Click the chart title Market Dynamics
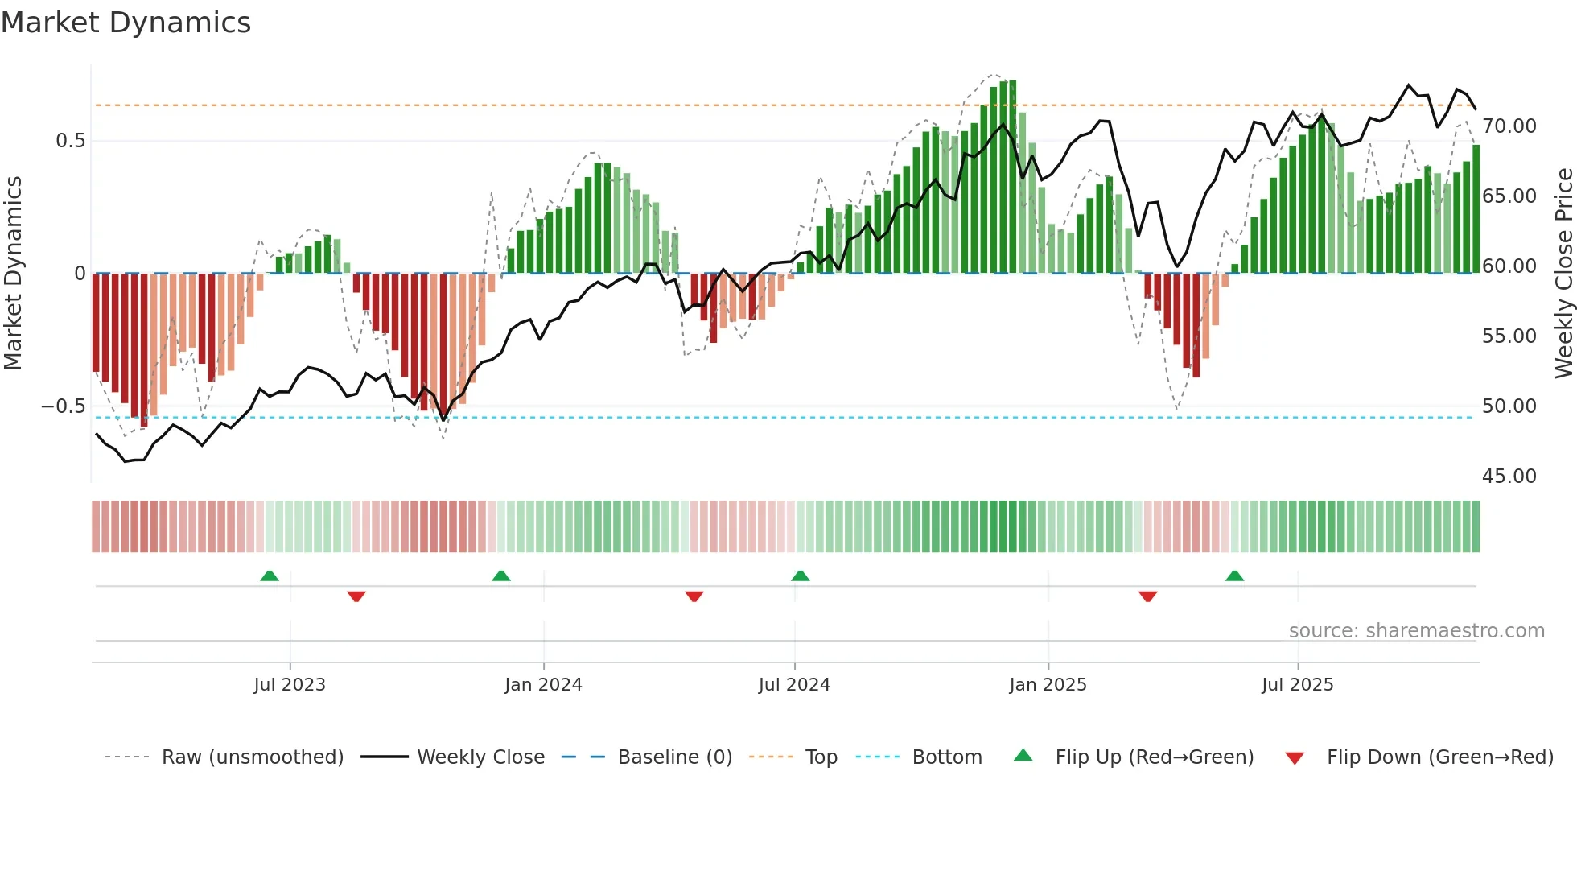click(126, 23)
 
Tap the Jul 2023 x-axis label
click(290, 685)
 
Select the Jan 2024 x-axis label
click(543, 685)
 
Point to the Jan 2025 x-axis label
click(1048, 685)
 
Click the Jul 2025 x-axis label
click(1297, 685)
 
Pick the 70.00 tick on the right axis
click(1509, 126)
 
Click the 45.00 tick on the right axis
click(1509, 477)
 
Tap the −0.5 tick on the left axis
click(63, 406)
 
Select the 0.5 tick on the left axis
click(70, 141)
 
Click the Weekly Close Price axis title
click(1563, 274)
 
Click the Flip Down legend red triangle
click(1295, 758)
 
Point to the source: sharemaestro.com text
click(1416, 631)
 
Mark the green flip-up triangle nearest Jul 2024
click(800, 576)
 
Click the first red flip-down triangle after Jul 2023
click(356, 596)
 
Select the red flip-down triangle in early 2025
click(1148, 596)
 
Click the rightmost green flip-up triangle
click(1234, 576)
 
